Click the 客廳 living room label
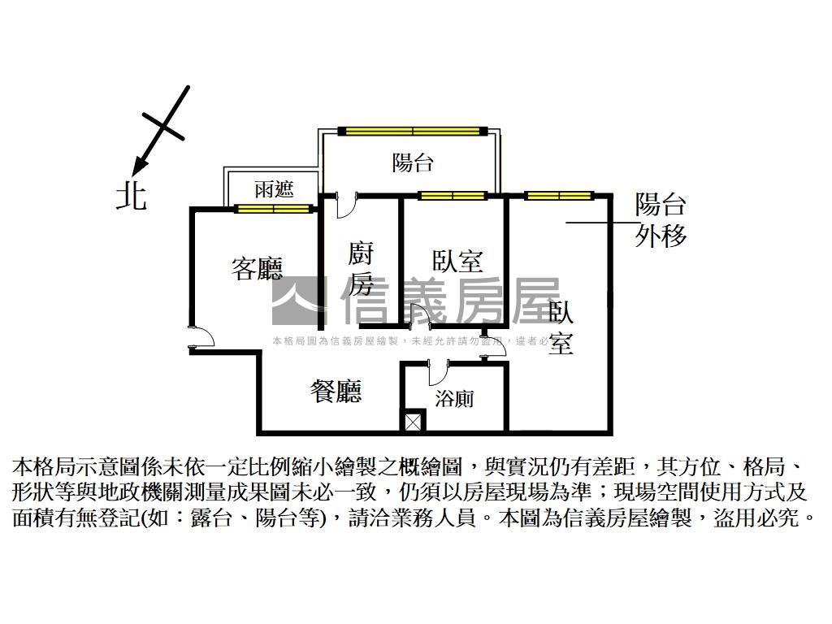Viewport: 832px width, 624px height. click(x=257, y=269)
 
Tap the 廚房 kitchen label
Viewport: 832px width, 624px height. click(x=361, y=269)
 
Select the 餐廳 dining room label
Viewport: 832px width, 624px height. click(x=336, y=392)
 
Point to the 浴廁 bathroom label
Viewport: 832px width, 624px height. click(x=454, y=399)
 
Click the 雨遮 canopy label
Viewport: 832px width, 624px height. click(x=274, y=190)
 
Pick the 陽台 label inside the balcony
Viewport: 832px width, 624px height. click(x=413, y=162)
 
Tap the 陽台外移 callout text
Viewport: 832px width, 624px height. click(x=661, y=219)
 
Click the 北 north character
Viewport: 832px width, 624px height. click(x=131, y=196)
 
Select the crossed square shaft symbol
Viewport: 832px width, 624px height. click(x=413, y=422)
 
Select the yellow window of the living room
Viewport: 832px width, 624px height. click(x=274, y=209)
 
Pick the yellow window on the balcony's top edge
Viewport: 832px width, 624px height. click(x=413, y=131)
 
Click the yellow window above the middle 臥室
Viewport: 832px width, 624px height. click(x=453, y=196)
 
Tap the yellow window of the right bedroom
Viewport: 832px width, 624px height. click(x=558, y=196)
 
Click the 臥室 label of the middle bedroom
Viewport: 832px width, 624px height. click(x=457, y=262)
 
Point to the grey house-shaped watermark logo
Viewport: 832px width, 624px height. click(x=297, y=299)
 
